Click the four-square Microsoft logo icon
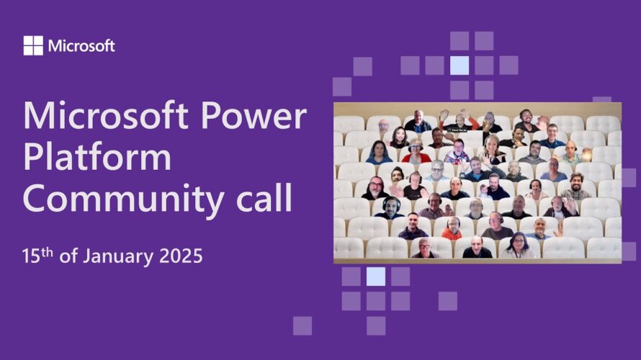coord(33,45)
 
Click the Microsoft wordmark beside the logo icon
coord(81,46)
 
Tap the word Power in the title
coord(254,116)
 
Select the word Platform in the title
coord(97,158)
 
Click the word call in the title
coord(264,197)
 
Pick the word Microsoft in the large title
coord(105,116)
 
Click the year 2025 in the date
coord(181,256)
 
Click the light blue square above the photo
coord(460,66)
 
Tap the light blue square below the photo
coord(376,276)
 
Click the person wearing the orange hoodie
coord(452,229)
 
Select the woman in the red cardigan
coord(416,152)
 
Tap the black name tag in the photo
coord(457,130)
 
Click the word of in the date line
coord(68,256)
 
